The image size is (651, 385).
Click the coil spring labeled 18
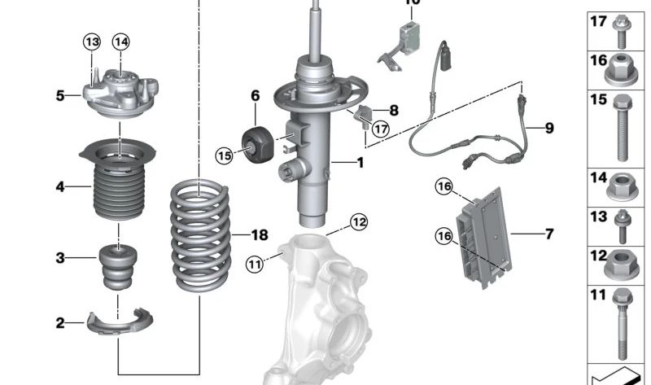199,236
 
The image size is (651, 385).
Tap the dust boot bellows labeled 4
119,191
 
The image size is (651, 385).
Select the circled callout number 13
92,42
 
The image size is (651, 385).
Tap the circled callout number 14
121,42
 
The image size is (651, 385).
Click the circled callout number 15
224,154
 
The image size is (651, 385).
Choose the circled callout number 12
359,221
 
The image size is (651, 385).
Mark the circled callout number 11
255,263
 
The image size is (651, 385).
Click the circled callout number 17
381,128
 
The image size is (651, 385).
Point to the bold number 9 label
548,128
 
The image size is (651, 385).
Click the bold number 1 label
360,162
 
